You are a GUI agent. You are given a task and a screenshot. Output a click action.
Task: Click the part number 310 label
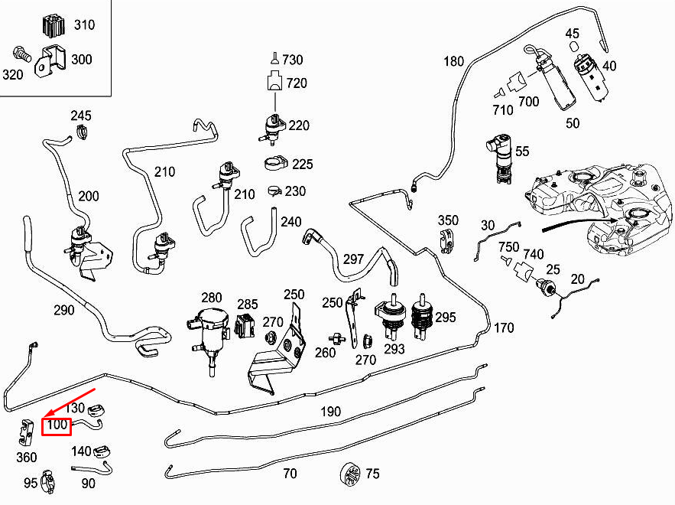point(84,24)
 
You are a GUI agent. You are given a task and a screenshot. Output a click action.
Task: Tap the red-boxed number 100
point(57,425)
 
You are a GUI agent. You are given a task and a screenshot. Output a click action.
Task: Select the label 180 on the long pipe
point(454,61)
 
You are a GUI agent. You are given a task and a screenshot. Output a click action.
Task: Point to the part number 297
point(353,259)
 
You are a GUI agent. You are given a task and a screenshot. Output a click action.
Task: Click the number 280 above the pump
point(211,298)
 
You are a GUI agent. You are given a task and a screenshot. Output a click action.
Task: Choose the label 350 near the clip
point(448,220)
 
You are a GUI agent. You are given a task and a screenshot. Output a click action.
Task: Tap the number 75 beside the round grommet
point(372,474)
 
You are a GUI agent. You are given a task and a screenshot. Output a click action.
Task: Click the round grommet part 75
point(349,474)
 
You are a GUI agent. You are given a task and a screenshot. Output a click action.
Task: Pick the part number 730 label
point(293,60)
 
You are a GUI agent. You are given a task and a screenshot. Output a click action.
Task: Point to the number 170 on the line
point(504,329)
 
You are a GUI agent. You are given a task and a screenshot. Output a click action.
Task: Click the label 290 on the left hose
point(64,310)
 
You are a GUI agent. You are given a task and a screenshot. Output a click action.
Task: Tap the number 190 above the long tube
point(330,412)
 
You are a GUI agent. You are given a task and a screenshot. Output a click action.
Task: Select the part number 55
point(522,151)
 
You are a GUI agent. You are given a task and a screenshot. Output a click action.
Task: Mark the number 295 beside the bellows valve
point(445,317)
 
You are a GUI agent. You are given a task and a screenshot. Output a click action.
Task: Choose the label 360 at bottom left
point(26,457)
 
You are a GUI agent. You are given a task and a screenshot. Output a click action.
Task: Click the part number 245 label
point(81,116)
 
